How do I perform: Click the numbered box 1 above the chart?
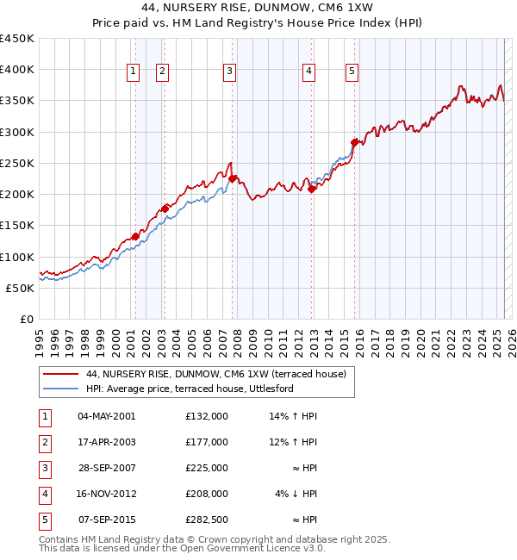coord(134,72)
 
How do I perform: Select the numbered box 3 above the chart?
coord(230,72)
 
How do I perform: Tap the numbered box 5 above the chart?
coord(352,72)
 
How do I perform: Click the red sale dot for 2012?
coord(312,190)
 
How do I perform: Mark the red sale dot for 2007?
coord(233,178)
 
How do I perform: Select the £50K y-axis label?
coord(21,288)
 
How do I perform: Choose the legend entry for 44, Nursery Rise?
coord(215,374)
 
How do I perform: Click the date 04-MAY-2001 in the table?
coord(107,416)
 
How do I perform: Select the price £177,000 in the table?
coord(207,442)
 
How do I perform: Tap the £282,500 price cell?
coord(207,520)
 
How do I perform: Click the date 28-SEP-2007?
coord(107,468)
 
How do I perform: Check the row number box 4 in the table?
coord(44,494)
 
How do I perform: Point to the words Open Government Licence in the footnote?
coord(245,548)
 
